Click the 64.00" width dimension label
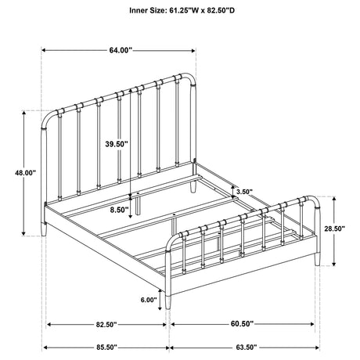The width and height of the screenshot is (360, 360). tap(121, 50)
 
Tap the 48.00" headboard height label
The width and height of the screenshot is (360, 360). tap(25, 173)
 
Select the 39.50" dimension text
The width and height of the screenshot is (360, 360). tap(117, 144)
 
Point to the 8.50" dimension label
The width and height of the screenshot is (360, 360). tap(119, 210)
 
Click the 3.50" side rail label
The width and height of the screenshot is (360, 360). tap(244, 192)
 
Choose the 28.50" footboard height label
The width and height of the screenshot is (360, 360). tap(335, 229)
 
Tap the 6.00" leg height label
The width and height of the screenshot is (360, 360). tap(149, 300)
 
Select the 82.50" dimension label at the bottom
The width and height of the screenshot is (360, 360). tap(106, 325)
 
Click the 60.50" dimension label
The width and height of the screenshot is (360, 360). tap(242, 324)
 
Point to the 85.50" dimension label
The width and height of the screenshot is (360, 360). tap(106, 347)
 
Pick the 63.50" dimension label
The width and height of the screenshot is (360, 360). tap(247, 347)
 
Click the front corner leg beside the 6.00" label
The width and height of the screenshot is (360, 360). tap(168, 302)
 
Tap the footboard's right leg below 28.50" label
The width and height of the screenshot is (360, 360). tap(317, 259)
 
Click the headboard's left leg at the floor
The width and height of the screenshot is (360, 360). tap(44, 229)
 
